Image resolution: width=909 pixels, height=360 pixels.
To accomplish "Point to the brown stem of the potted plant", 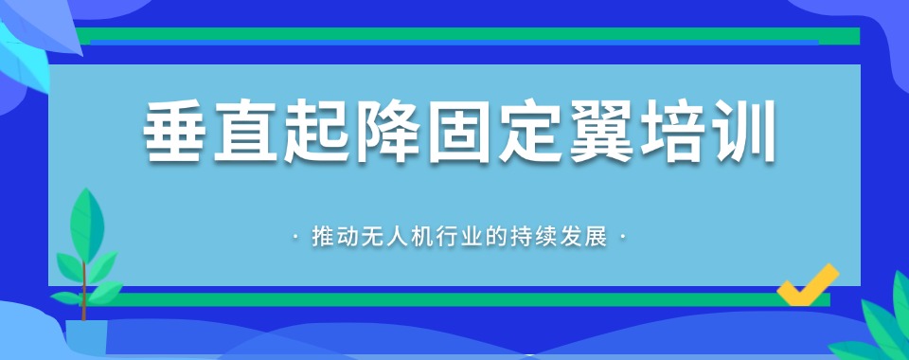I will pyautogui.click(x=84, y=284).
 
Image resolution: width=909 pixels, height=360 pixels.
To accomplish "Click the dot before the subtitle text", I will pyautogui.click(x=298, y=236).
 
